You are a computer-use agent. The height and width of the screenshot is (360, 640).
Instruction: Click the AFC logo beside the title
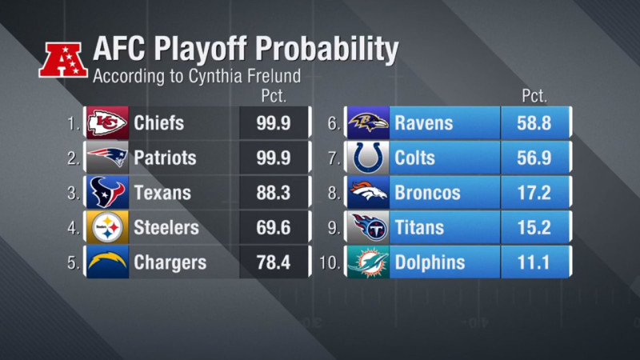pos(63,58)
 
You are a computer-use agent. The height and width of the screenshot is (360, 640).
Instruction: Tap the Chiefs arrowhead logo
pos(107,123)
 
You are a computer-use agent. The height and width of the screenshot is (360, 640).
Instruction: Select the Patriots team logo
pos(107,158)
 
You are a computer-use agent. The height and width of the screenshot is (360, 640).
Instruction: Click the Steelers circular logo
pos(107,228)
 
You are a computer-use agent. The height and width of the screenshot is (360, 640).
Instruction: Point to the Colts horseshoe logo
pos(369,158)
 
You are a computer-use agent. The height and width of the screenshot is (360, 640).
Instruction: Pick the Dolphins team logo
pos(369,263)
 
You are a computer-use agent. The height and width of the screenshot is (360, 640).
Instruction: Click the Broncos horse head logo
pos(369,193)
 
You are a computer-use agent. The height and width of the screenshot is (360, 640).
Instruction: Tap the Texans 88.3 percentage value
pos(274,193)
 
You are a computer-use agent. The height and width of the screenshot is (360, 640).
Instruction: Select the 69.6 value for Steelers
pos(274,228)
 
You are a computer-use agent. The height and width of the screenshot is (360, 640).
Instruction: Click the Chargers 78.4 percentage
pos(274,263)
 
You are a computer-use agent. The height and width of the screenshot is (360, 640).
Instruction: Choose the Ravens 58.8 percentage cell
pos(535,123)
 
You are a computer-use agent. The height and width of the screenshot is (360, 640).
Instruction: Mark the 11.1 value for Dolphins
pos(535,263)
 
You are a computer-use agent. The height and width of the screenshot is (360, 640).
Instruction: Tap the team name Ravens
pos(424,123)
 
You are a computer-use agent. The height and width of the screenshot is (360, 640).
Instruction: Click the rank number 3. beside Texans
pos(74,193)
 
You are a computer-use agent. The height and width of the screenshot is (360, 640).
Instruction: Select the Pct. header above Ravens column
pos(534,96)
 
